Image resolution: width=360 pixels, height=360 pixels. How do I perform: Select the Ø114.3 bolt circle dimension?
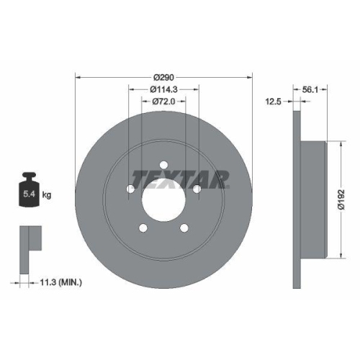coord(164,89)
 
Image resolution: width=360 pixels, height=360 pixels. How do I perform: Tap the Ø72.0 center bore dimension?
coord(164,102)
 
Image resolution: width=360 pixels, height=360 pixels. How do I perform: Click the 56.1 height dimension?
coord(310,89)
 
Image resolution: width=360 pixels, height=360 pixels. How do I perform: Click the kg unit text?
coord(46,194)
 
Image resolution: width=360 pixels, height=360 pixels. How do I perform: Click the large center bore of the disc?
coord(164,197)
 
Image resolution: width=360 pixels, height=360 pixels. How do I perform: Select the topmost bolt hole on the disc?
coord(163,163)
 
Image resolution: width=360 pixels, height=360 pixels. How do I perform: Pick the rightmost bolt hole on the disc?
coord(196,189)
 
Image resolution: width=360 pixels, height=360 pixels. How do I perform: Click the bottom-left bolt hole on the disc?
coord(143,228)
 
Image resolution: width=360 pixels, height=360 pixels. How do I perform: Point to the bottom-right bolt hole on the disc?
coord(184,228)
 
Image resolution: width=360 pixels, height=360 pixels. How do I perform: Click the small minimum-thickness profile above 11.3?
coord(27,238)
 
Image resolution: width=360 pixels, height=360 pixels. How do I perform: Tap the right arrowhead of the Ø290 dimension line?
coord(251,76)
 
